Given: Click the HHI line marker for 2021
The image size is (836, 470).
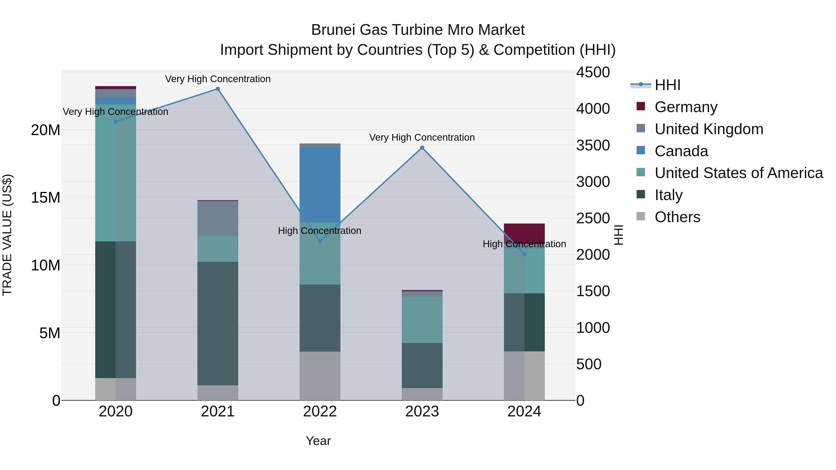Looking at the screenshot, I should pos(218,89).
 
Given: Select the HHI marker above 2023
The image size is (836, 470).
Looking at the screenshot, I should pos(422,148).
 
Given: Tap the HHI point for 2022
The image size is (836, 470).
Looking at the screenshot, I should pos(320,241).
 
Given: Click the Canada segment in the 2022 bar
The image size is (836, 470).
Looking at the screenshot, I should pos(320,185).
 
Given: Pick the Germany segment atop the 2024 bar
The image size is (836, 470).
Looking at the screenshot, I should pos(524,232).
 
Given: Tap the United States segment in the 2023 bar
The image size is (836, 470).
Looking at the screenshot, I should pos(422,320).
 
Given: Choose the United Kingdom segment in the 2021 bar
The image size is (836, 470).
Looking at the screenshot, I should pos(218,218).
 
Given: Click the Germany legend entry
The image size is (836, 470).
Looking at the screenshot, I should pos(686,107).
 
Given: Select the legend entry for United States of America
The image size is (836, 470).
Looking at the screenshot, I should pos(738,173).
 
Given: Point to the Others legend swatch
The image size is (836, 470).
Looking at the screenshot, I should pos(641,216).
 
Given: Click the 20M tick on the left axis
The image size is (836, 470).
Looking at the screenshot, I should pos(46,130).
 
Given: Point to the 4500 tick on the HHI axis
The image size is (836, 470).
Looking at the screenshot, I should pos(593,72).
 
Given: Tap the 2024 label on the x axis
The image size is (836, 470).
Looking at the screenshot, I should pos(524,412).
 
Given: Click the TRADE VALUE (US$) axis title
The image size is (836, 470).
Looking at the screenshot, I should pos(7,235).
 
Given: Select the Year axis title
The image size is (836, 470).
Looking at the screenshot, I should pos(318,441).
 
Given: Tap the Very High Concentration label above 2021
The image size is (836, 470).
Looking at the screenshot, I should pos(218,79).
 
